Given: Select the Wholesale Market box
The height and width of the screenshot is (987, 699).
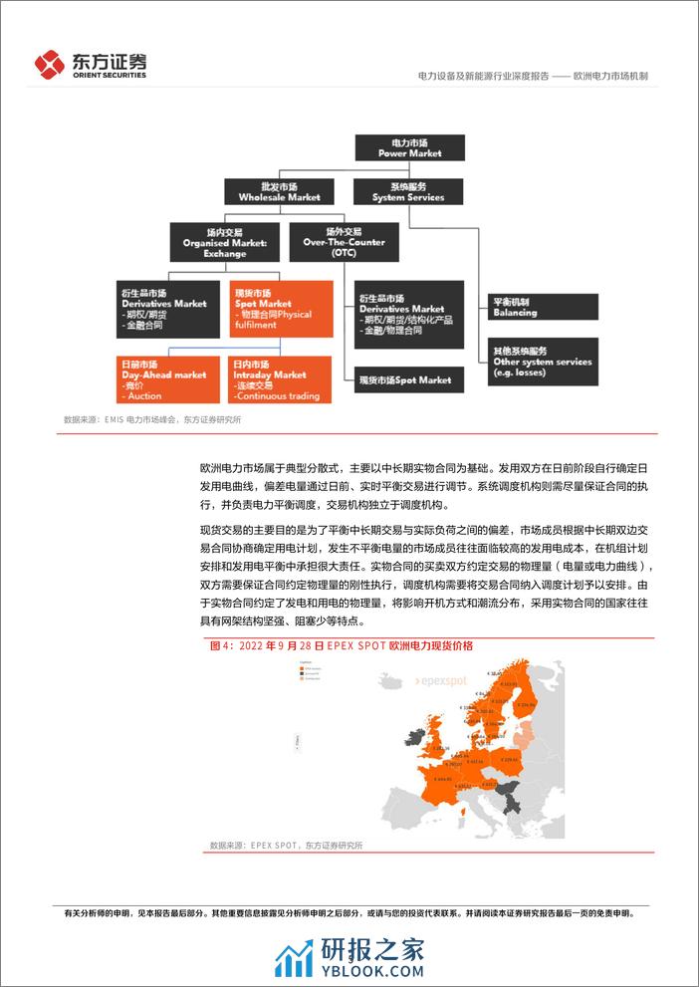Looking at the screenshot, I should tap(272, 191).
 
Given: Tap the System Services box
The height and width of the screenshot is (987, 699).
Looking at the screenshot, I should tap(409, 191).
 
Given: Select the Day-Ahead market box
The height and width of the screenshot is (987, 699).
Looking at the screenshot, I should tap(161, 380).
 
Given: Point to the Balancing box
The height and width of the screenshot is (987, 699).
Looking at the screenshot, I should tap(542, 307).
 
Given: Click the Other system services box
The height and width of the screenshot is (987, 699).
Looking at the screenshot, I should tap(542, 357).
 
